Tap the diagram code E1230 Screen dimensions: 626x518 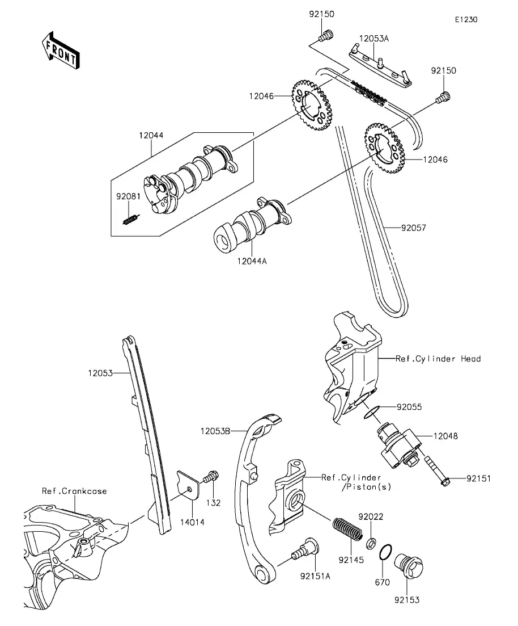click(465, 19)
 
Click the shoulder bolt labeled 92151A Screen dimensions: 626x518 click(305, 549)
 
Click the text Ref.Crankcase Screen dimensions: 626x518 click(74, 491)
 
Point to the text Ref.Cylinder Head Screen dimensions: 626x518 click(438, 359)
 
